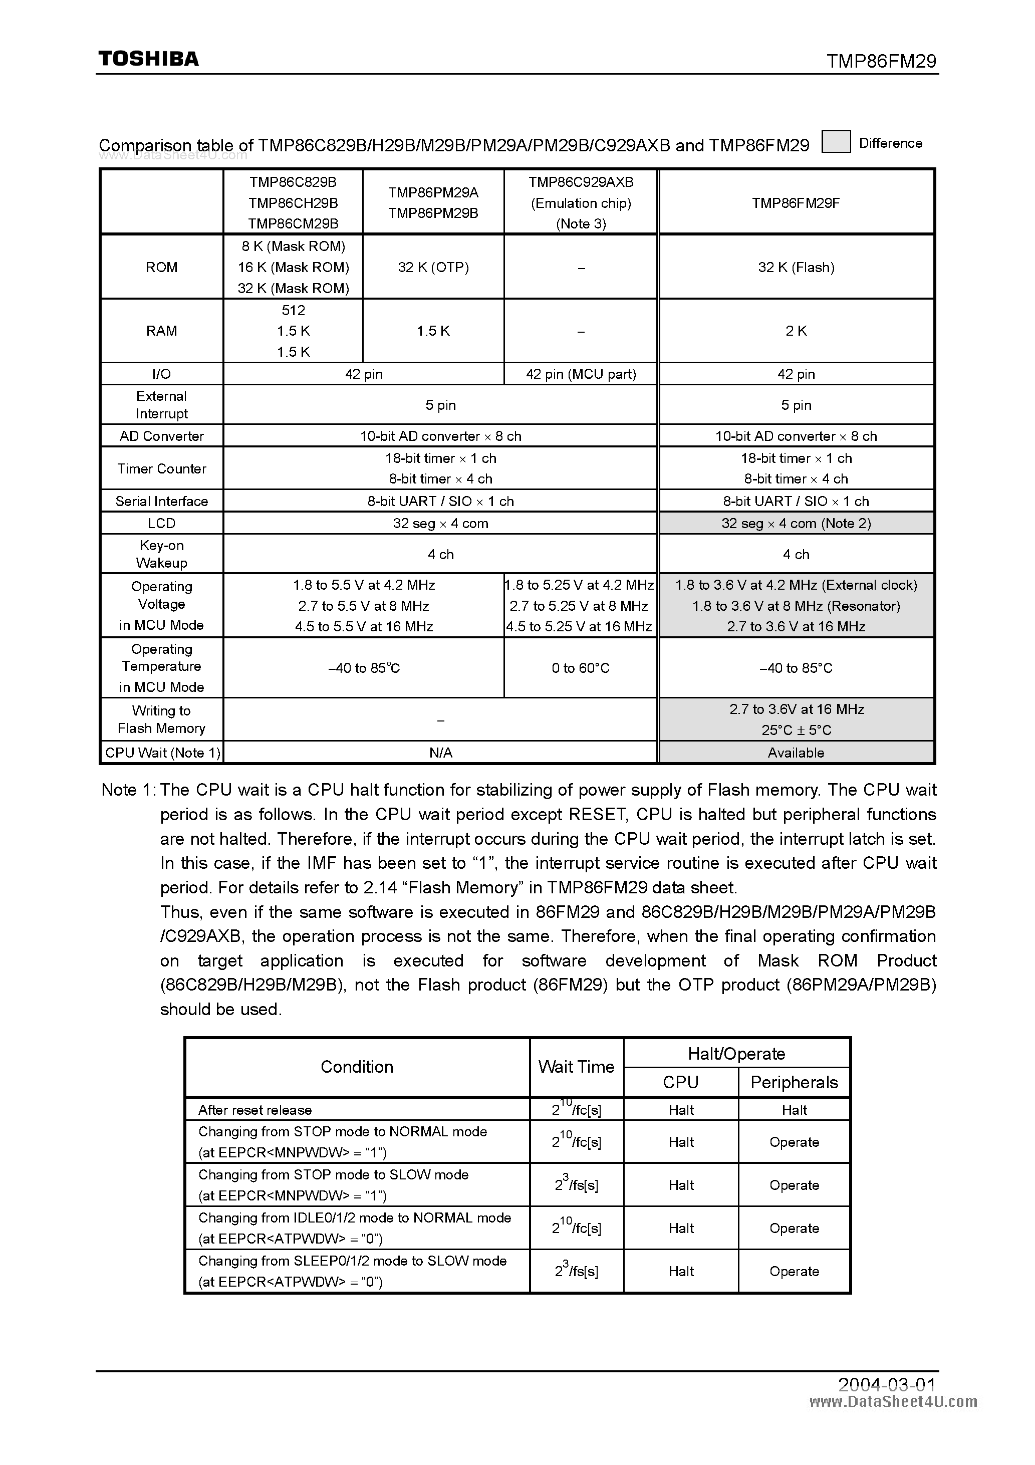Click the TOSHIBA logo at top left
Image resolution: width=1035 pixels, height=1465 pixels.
[x=148, y=59]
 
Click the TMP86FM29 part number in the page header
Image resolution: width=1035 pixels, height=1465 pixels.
[x=881, y=61]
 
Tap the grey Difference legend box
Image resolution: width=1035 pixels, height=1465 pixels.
[x=835, y=142]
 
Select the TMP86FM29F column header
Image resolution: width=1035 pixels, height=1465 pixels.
[x=795, y=203]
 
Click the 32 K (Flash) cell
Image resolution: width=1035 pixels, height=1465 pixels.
[x=796, y=268]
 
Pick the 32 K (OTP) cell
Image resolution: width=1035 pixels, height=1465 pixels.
[x=433, y=268]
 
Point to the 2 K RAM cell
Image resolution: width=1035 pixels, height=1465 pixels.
[x=796, y=331]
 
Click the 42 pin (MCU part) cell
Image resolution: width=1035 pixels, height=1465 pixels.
[x=581, y=374]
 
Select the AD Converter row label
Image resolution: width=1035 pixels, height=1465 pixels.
[x=161, y=436]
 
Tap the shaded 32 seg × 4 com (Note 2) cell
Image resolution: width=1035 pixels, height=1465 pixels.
[x=796, y=523]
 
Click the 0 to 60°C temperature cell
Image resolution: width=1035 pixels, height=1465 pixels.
[x=580, y=668]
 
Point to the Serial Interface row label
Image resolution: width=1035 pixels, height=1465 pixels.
[x=161, y=501]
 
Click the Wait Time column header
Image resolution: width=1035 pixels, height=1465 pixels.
[x=576, y=1067]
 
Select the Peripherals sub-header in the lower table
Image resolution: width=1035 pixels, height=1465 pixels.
[x=794, y=1082]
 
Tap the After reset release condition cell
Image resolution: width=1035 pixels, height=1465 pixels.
[x=254, y=1110]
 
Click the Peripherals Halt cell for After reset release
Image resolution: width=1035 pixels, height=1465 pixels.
[x=794, y=1110]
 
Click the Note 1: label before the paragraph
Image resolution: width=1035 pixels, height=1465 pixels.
[x=128, y=790]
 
